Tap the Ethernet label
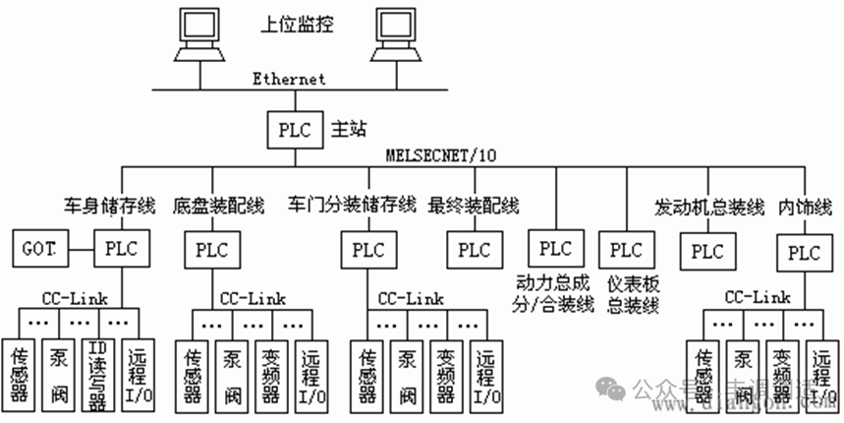[288, 78]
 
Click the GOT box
[39, 248]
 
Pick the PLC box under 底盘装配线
[212, 250]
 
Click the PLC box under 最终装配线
[473, 250]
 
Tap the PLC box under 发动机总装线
[707, 250]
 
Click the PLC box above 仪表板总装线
[625, 250]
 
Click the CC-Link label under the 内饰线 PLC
[757, 296]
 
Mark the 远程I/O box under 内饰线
[821, 374]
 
